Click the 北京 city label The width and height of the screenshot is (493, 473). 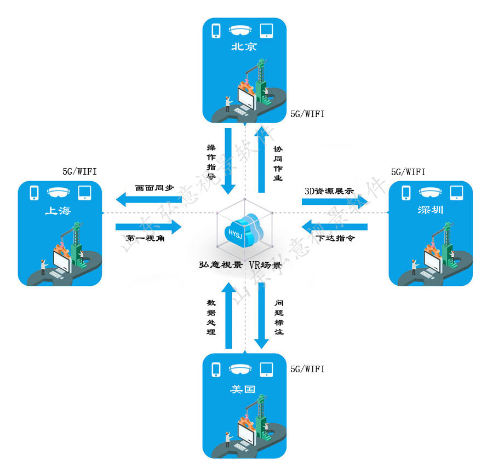pyautogui.click(x=244, y=47)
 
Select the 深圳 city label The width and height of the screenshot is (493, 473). pyautogui.click(x=430, y=210)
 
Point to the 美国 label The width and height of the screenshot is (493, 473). pyautogui.click(x=244, y=390)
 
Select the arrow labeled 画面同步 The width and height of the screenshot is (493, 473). pyautogui.click(x=148, y=201)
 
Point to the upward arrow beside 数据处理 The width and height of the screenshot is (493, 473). pyautogui.click(x=228, y=316)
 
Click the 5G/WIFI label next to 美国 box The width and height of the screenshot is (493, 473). pyautogui.click(x=307, y=369)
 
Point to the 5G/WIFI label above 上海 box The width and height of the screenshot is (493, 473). pyautogui.click(x=79, y=172)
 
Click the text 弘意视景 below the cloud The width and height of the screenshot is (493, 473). pyautogui.click(x=221, y=265)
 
